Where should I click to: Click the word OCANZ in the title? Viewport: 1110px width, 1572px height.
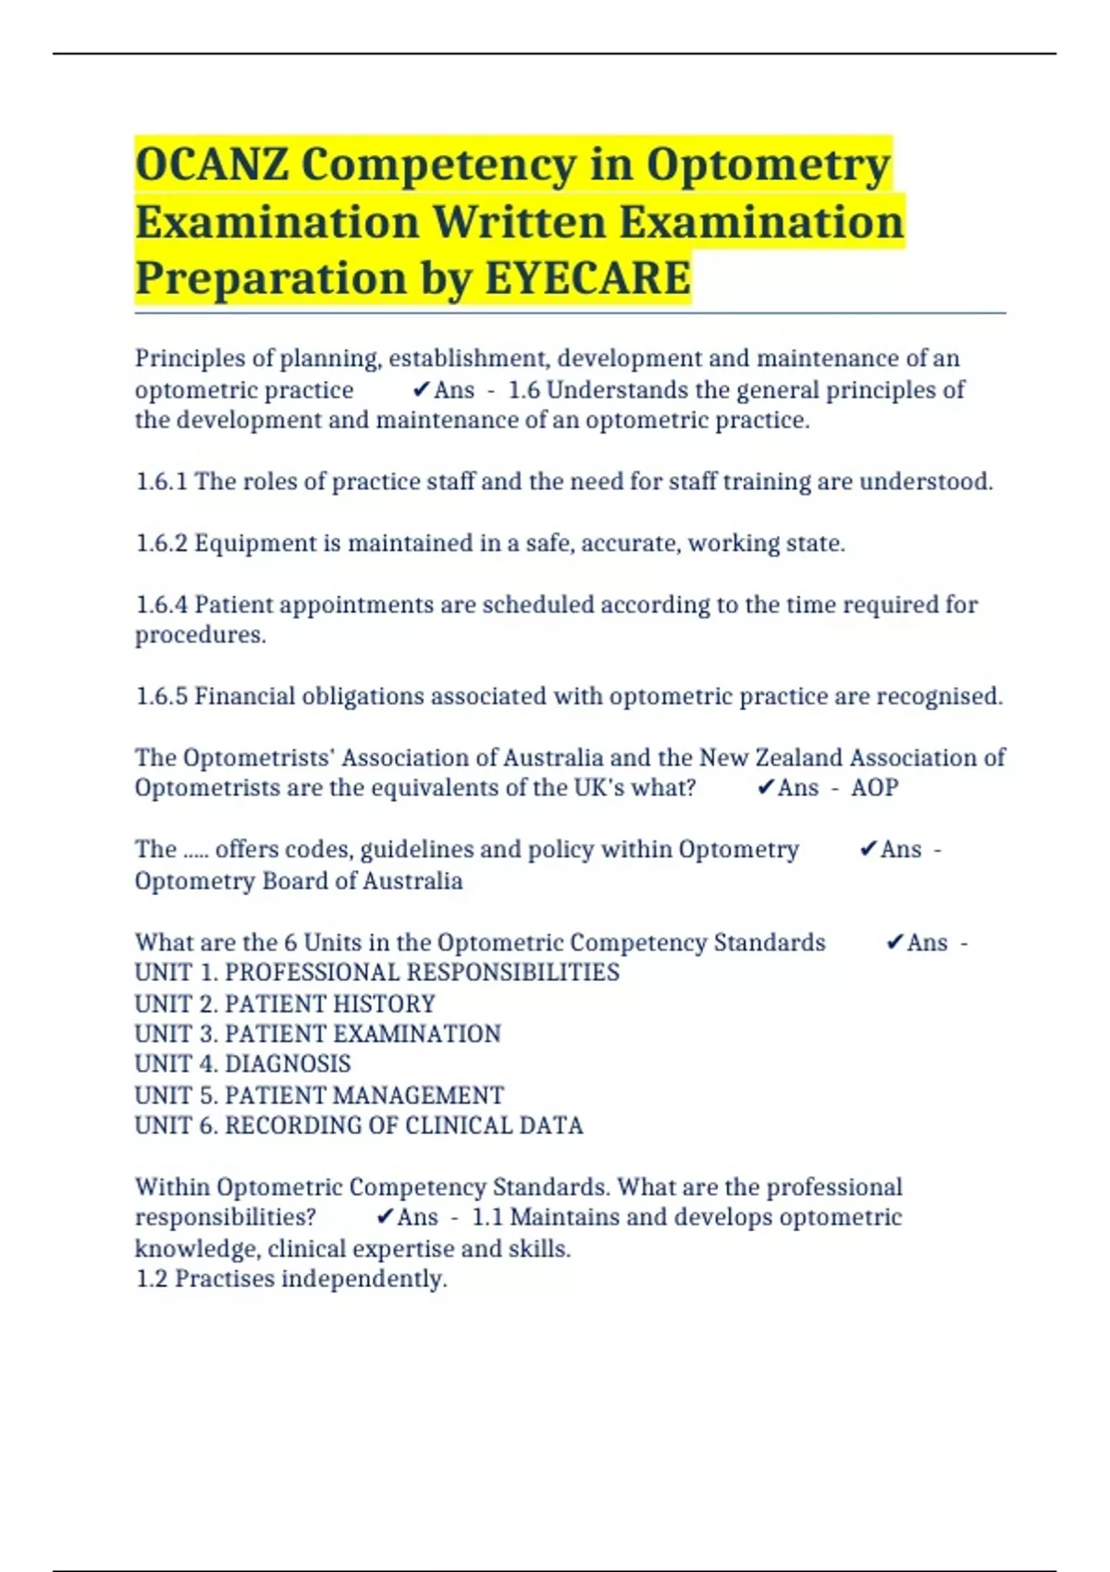(x=212, y=166)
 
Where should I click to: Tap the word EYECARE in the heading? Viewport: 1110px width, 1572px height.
(x=587, y=278)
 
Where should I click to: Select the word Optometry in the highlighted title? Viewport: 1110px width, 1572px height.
(x=768, y=166)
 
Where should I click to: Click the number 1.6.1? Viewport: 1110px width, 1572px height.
(x=162, y=482)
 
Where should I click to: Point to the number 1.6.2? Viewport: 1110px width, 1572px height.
(x=162, y=544)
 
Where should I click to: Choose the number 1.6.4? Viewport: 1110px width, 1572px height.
(x=162, y=605)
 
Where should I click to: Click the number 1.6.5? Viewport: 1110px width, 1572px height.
(x=162, y=696)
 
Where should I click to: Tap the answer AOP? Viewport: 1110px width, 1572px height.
(x=874, y=788)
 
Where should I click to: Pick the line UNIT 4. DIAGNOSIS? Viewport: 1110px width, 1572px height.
(x=243, y=1064)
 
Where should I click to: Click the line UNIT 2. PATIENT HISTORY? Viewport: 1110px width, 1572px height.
(x=285, y=1003)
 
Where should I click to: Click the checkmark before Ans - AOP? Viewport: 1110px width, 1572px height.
(x=765, y=788)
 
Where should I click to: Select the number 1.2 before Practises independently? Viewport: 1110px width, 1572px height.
(x=152, y=1279)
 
